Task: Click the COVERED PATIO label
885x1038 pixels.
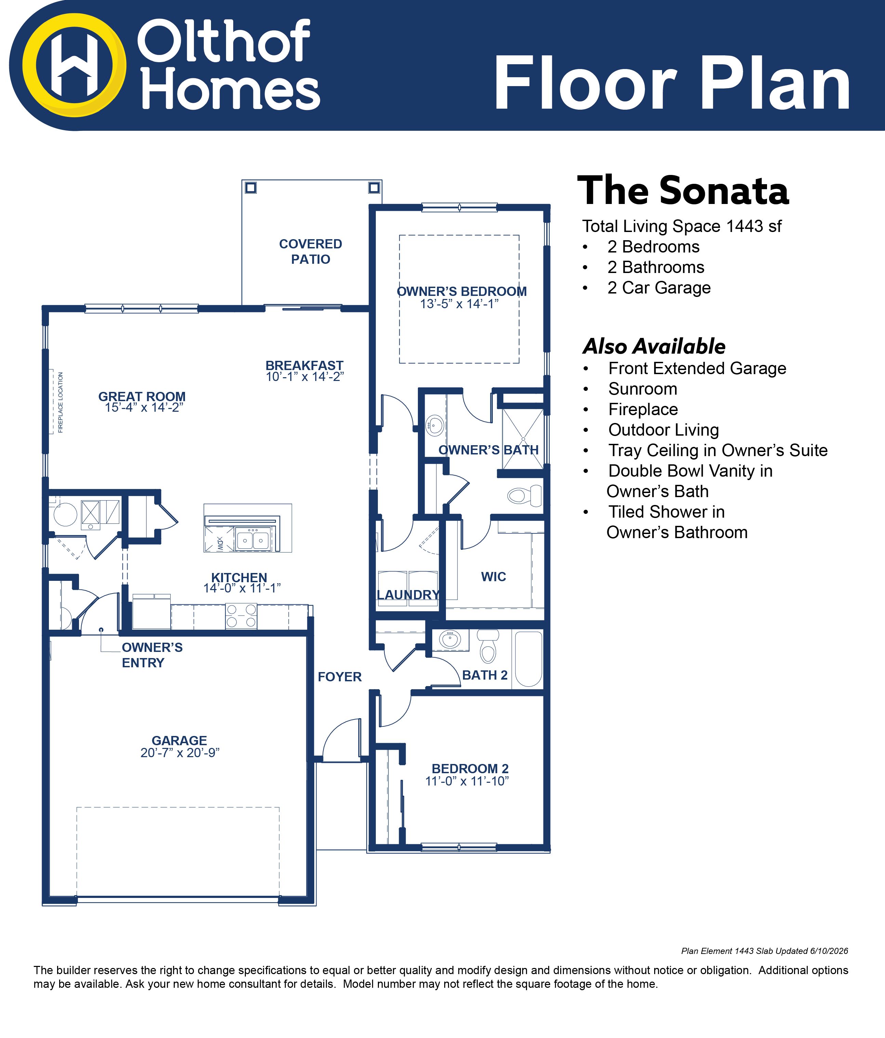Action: click(311, 251)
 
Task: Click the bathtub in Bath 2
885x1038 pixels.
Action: click(528, 659)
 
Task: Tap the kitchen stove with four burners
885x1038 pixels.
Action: click(241, 616)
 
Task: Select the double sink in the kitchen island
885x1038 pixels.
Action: click(252, 540)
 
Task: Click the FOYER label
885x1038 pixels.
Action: click(340, 677)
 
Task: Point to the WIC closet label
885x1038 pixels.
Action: click(493, 577)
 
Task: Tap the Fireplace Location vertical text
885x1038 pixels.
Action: click(61, 402)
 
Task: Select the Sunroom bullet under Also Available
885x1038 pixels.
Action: click(642, 389)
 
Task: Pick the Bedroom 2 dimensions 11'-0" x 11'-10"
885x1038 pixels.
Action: click(467, 781)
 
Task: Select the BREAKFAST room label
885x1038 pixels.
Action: click(304, 365)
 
